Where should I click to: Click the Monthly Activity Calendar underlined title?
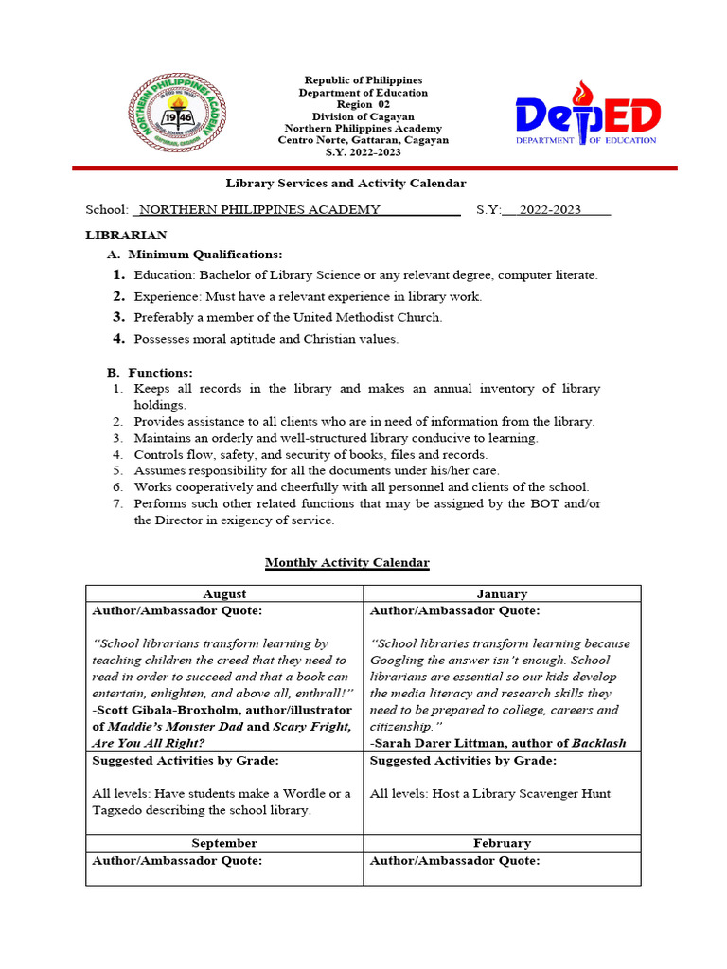346,563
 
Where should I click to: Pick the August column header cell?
224,594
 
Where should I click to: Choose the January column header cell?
502,594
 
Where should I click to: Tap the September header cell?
224,843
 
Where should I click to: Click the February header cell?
502,843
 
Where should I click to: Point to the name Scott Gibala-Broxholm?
169,710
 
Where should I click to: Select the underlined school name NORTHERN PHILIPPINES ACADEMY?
260,210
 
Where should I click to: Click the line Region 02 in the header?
363,105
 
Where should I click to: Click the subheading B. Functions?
151,373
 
